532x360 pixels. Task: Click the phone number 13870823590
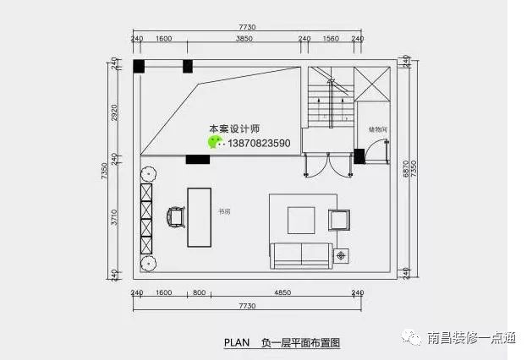click(259, 144)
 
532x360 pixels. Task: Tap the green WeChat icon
click(216, 142)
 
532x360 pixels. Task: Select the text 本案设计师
click(234, 129)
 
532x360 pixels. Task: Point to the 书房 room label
click(224, 211)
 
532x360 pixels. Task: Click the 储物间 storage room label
click(377, 129)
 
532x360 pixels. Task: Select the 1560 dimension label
click(332, 39)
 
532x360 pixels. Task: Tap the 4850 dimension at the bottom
click(282, 292)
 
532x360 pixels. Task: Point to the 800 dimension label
click(199, 292)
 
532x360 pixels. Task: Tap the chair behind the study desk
click(177, 217)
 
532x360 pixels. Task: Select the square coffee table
click(302, 220)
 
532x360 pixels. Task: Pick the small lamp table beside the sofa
click(342, 254)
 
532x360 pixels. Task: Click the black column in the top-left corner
click(140, 65)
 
